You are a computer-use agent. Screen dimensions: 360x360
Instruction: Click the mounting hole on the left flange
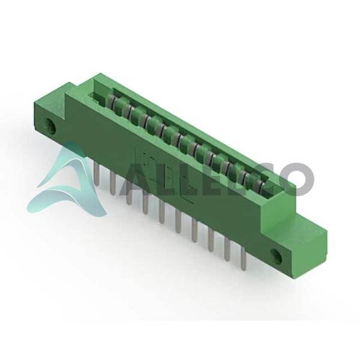[50, 127]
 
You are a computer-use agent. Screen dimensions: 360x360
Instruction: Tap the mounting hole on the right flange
[276, 256]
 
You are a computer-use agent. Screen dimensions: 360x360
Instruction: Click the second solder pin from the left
[113, 183]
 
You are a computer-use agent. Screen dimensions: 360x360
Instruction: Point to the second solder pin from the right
[227, 250]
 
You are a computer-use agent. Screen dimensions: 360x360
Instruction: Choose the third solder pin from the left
[128, 193]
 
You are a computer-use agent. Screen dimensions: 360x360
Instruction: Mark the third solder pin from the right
[211, 239]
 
